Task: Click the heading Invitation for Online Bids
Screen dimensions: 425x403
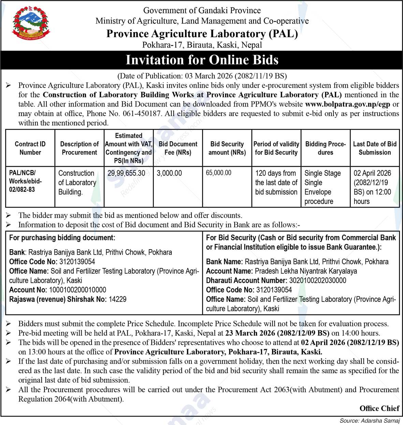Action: tap(202, 60)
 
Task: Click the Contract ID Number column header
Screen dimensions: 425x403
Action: tap(30, 148)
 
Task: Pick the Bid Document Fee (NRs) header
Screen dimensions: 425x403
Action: tap(178, 148)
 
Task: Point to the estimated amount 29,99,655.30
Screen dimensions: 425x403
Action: tap(126, 173)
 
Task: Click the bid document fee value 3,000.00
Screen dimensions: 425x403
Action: tap(169, 173)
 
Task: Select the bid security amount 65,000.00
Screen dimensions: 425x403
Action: tap(219, 173)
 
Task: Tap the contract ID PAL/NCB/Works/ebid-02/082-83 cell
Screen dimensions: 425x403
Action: tap(25, 181)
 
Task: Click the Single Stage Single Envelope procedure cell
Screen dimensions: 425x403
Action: tap(322, 187)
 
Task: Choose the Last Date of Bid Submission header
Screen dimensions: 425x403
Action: tap(375, 148)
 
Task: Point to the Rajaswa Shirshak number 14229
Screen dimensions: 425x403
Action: tap(117, 299)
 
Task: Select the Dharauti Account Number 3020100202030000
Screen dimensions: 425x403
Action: tap(318, 281)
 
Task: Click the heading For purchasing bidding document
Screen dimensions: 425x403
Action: tap(62, 238)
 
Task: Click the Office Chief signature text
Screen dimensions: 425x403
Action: tap(379, 408)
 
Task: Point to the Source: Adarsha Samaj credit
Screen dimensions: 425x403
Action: tap(370, 421)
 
